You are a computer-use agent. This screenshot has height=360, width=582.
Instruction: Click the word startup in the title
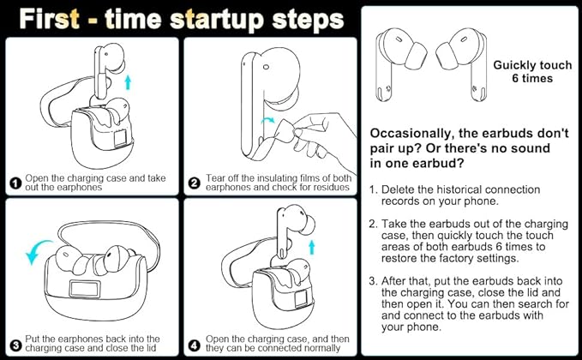click(x=218, y=20)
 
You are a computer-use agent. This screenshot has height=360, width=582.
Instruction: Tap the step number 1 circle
click(x=15, y=183)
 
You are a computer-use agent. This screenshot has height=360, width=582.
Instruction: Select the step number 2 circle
click(x=195, y=183)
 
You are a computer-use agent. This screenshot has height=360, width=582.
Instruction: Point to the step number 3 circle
click(x=15, y=345)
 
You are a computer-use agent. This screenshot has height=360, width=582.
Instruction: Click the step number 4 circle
click(x=195, y=345)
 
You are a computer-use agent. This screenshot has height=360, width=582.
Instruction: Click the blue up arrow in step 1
click(x=128, y=82)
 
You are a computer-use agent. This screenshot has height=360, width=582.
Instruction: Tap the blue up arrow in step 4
click(x=312, y=247)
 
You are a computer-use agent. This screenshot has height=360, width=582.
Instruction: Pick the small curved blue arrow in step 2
click(x=268, y=120)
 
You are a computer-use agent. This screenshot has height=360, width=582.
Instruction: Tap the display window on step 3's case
click(x=85, y=289)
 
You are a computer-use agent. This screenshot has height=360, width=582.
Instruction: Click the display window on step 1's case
click(x=120, y=139)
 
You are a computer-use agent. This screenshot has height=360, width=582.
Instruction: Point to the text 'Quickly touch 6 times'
click(x=532, y=72)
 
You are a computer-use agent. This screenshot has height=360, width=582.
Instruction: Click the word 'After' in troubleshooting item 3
click(x=394, y=281)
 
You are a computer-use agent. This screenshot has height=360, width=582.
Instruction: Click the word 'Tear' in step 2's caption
click(x=214, y=178)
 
